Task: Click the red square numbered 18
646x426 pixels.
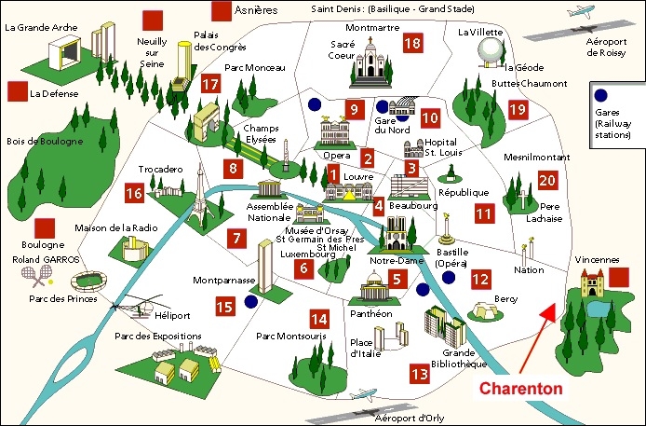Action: click(x=412, y=43)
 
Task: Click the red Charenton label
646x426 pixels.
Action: click(x=520, y=389)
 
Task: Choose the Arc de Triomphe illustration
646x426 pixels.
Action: click(x=207, y=122)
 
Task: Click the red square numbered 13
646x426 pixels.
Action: click(x=420, y=374)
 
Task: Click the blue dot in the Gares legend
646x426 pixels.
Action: click(x=601, y=95)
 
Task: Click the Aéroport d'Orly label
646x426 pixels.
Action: click(x=410, y=419)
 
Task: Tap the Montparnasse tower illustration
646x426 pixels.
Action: click(x=265, y=267)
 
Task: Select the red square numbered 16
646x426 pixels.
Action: click(x=134, y=193)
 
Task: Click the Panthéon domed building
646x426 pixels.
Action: click(x=374, y=285)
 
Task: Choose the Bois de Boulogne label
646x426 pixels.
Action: click(x=45, y=142)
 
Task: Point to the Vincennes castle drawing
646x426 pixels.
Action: click(x=592, y=282)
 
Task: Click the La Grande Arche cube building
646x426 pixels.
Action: click(x=64, y=52)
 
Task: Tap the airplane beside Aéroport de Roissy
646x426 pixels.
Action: click(x=581, y=11)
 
